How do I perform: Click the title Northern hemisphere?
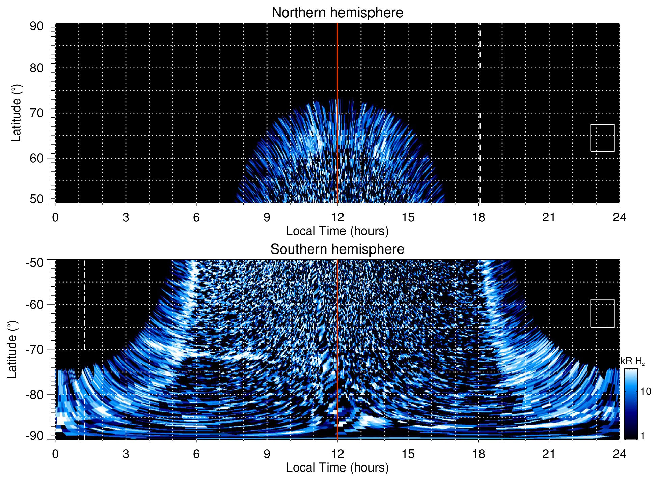pos(337,13)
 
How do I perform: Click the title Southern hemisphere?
pos(337,249)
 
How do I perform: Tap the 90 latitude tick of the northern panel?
pos(36,26)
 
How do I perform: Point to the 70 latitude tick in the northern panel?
pos(36,113)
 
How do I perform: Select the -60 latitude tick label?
pos(35,305)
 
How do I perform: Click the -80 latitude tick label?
pos(35,394)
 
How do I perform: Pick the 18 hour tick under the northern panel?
pos(478,217)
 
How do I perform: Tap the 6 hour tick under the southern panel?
pos(196,454)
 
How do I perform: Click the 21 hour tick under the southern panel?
pos(549,454)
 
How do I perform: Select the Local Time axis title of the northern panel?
pos(337,231)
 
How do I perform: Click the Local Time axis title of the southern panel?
pos(337,467)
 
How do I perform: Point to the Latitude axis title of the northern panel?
pos(16,113)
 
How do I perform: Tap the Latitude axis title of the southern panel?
pos(12,350)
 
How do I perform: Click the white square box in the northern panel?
pos(602,138)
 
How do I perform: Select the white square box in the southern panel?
pos(602,313)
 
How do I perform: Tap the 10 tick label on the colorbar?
pos(646,392)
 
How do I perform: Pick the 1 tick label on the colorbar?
pos(642,436)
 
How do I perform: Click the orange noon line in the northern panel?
pos(337,68)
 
